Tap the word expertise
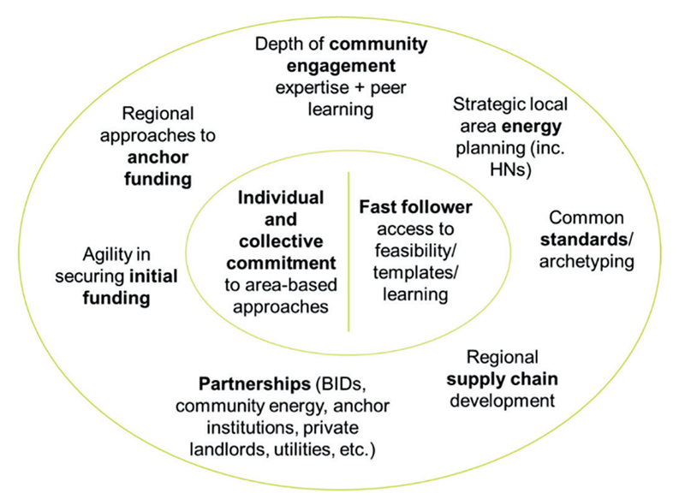click(x=308, y=88)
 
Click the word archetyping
click(x=587, y=262)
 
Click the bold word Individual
click(x=281, y=197)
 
